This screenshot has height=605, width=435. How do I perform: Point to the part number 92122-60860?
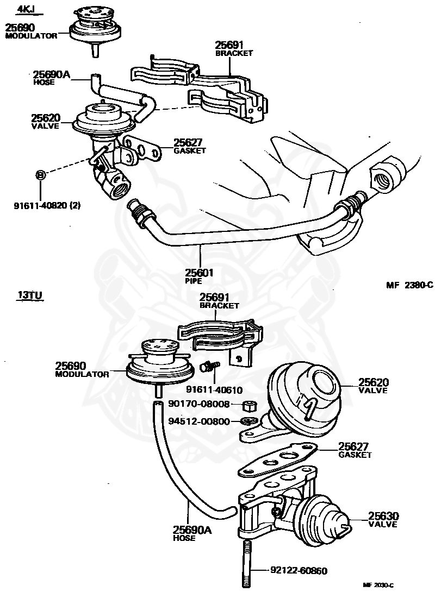point(299,570)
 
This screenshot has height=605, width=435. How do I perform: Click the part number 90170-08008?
point(199,404)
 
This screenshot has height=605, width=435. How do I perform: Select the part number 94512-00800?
point(199,420)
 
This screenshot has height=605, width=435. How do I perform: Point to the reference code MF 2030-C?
point(378,585)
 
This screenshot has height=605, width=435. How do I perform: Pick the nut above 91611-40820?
point(40,175)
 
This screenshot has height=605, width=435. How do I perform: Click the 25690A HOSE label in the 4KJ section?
point(51,78)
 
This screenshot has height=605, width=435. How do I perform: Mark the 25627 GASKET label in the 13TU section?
point(355,450)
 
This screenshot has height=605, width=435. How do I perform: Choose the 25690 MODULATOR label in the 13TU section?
point(82,370)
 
